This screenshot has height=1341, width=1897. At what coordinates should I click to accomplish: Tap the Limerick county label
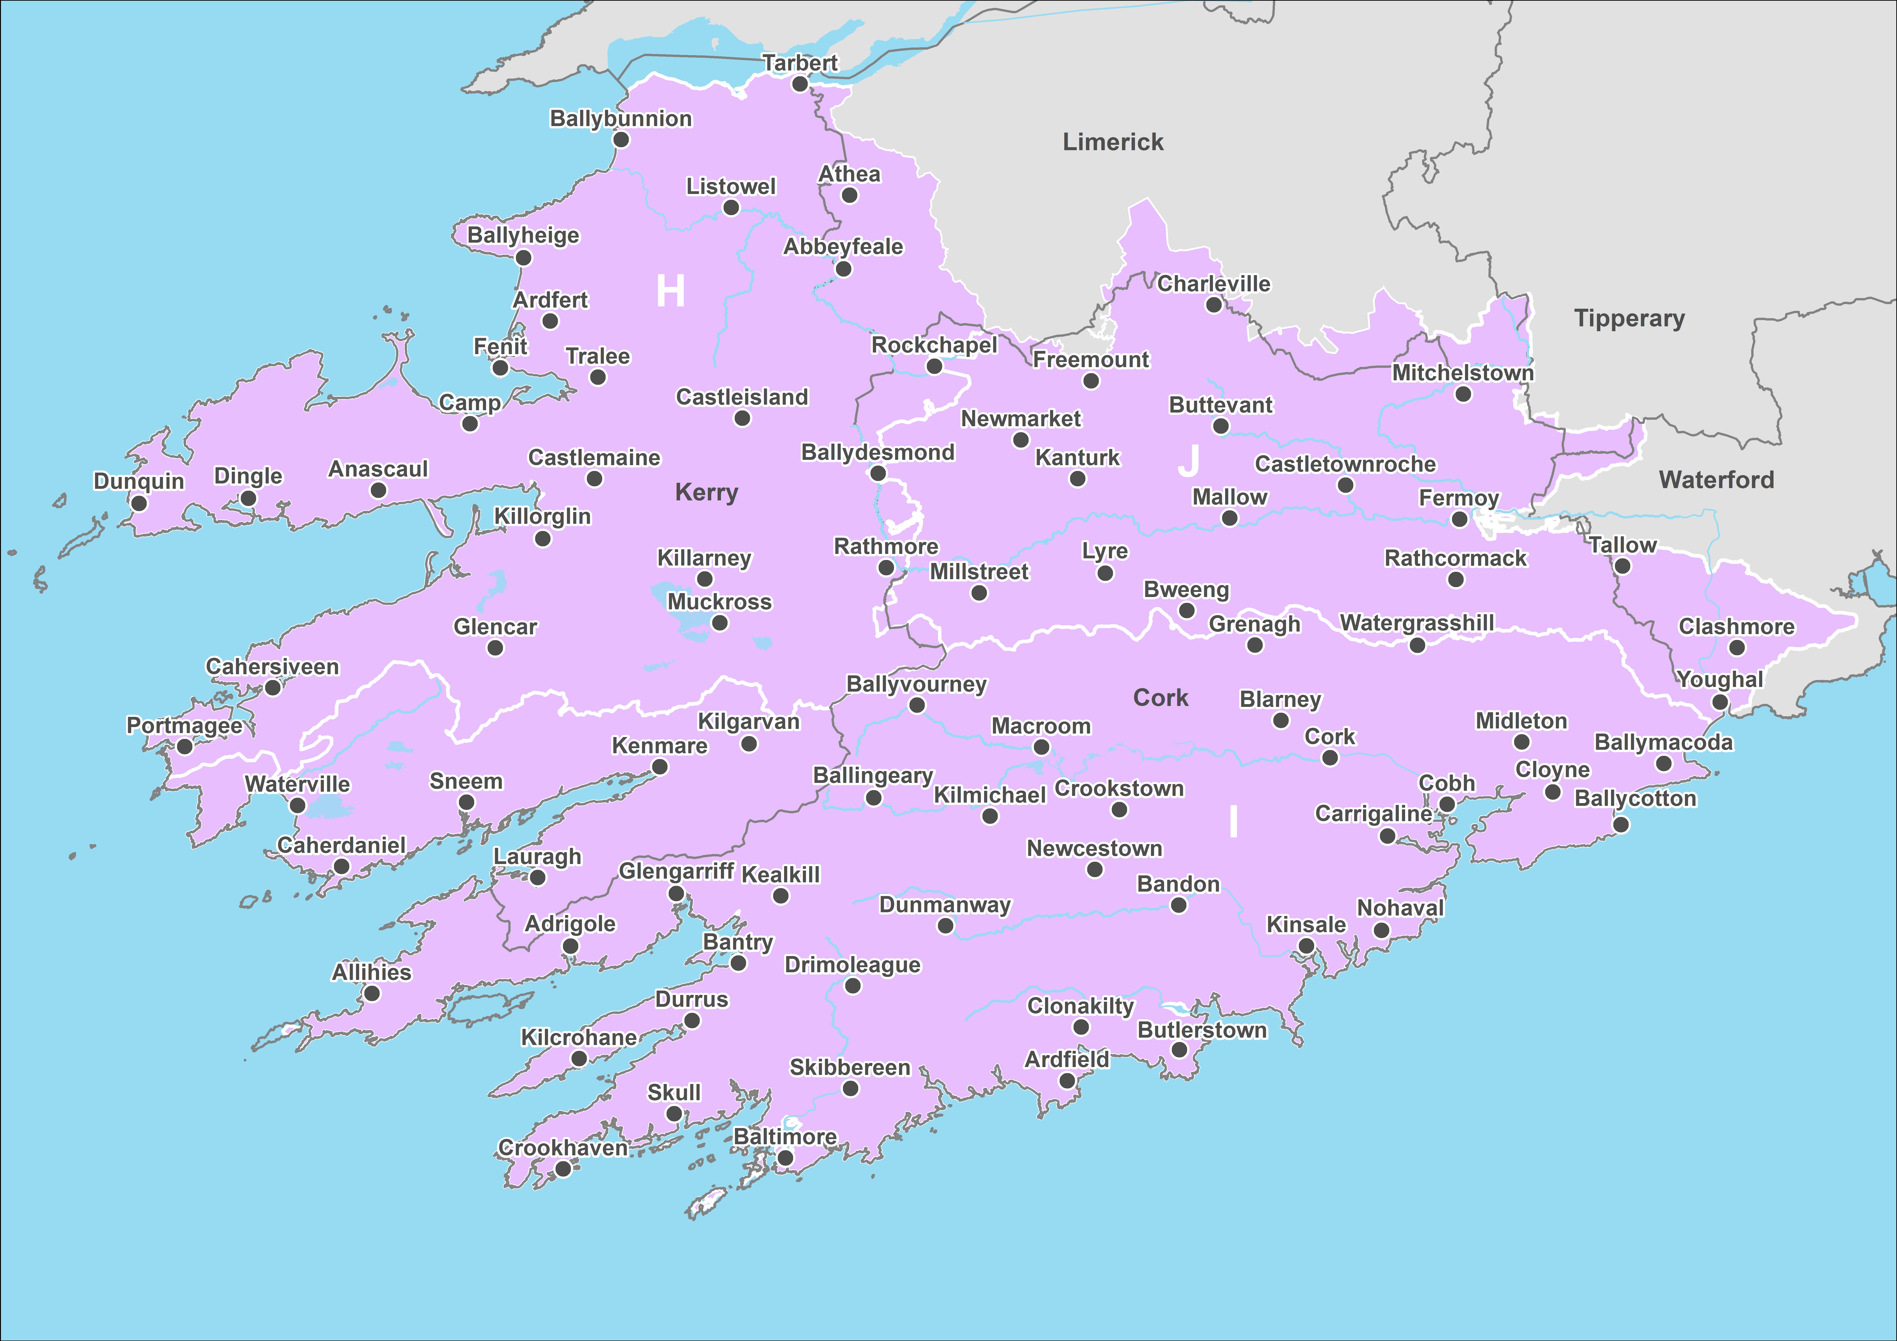click(x=1113, y=142)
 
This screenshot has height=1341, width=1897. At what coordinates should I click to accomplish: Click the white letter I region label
click(x=1233, y=822)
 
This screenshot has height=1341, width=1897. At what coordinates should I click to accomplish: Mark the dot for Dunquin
click(x=140, y=503)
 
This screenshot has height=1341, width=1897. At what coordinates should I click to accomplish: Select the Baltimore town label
click(x=785, y=1137)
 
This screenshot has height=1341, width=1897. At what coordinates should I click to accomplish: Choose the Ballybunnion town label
click(x=621, y=119)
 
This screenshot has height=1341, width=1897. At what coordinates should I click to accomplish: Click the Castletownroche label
click(x=1345, y=464)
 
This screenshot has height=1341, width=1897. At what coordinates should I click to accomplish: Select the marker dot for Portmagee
click(x=185, y=747)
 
